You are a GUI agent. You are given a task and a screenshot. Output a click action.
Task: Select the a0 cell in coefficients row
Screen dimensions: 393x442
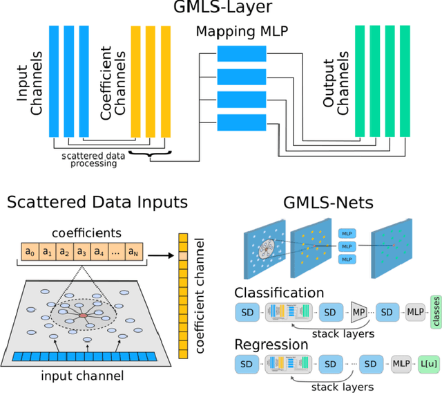29,251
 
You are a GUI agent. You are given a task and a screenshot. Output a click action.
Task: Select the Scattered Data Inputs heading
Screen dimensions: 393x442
97,202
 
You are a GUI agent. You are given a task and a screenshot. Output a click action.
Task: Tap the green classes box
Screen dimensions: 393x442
436,313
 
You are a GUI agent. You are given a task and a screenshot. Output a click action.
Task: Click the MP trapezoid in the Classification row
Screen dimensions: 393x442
359,313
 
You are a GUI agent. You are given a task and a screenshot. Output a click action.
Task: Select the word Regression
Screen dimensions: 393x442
271,345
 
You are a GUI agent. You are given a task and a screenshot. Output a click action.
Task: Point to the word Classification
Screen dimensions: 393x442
280,293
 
